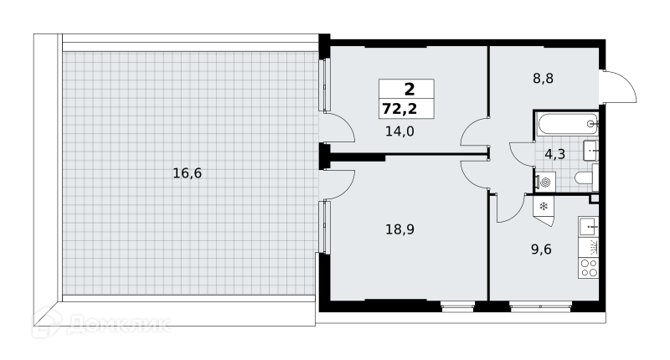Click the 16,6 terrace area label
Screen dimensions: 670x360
click(x=187, y=173)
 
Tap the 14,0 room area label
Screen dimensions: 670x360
click(x=399, y=131)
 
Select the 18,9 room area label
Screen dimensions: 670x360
click(x=400, y=229)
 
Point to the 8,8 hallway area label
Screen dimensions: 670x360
click(x=543, y=79)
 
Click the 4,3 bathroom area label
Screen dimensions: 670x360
click(x=554, y=154)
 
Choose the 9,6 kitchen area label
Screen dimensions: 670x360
click(x=541, y=249)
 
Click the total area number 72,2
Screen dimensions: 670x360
click(x=399, y=109)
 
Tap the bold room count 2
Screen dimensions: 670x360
click(x=410, y=90)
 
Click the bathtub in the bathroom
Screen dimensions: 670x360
click(x=568, y=124)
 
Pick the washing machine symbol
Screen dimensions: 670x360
click(x=544, y=183)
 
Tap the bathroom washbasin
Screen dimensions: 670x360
click(x=591, y=151)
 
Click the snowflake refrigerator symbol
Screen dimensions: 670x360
click(x=544, y=207)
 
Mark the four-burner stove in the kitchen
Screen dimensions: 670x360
click(x=589, y=268)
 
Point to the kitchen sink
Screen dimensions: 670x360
click(x=589, y=226)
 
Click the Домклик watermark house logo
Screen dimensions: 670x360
click(x=46, y=323)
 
